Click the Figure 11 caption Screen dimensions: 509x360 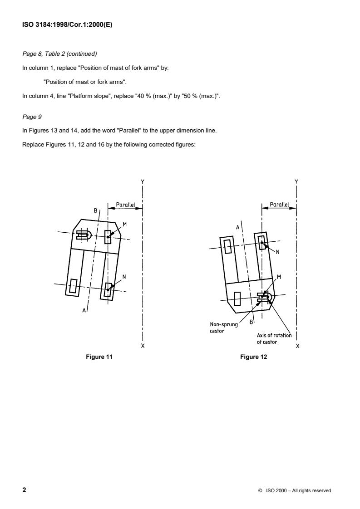(x=99, y=357)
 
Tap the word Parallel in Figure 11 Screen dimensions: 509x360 (x=125, y=205)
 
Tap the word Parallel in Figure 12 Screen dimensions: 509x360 (x=279, y=205)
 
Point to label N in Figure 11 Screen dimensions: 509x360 (x=124, y=277)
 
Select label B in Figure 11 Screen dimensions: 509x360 (x=95, y=210)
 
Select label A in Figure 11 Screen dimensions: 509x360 (x=84, y=310)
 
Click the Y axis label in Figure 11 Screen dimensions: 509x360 (x=143, y=181)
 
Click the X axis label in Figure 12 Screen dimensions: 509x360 (x=297, y=346)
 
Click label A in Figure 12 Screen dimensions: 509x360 (x=237, y=227)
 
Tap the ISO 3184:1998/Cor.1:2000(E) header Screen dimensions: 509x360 (x=67, y=25)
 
